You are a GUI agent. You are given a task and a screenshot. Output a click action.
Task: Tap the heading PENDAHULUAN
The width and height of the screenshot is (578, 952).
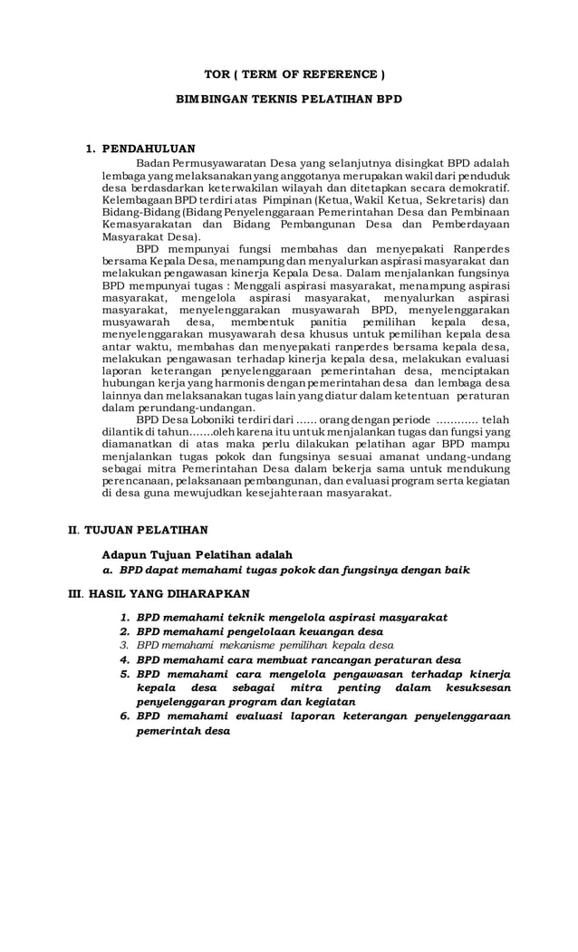point(149,148)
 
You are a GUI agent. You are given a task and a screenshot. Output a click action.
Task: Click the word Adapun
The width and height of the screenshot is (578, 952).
point(124,554)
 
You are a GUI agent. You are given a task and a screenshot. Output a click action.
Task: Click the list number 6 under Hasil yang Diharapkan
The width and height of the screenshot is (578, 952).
point(124,716)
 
